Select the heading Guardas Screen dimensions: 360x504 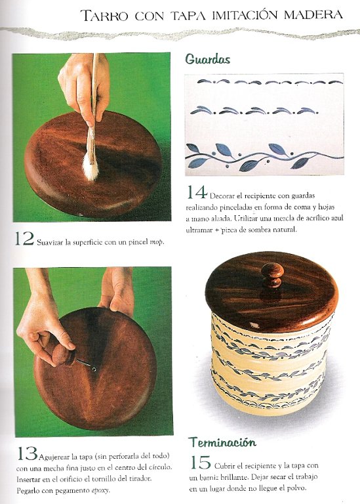pos(207,60)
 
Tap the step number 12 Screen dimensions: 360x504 pos(24,239)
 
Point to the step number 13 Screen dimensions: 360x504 pos(27,453)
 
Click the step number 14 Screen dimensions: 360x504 pos(197,192)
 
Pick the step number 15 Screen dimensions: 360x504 pos(200,462)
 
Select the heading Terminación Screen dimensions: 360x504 pos(222,442)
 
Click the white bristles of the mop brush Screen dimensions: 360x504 pos(90,168)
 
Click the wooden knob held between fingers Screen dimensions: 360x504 pos(63,355)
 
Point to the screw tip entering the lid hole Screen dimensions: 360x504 pos(93,368)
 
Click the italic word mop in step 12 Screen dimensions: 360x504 pos(157,242)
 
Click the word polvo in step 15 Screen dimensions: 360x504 pos(298,488)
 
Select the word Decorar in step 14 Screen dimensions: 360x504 pos(222,196)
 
